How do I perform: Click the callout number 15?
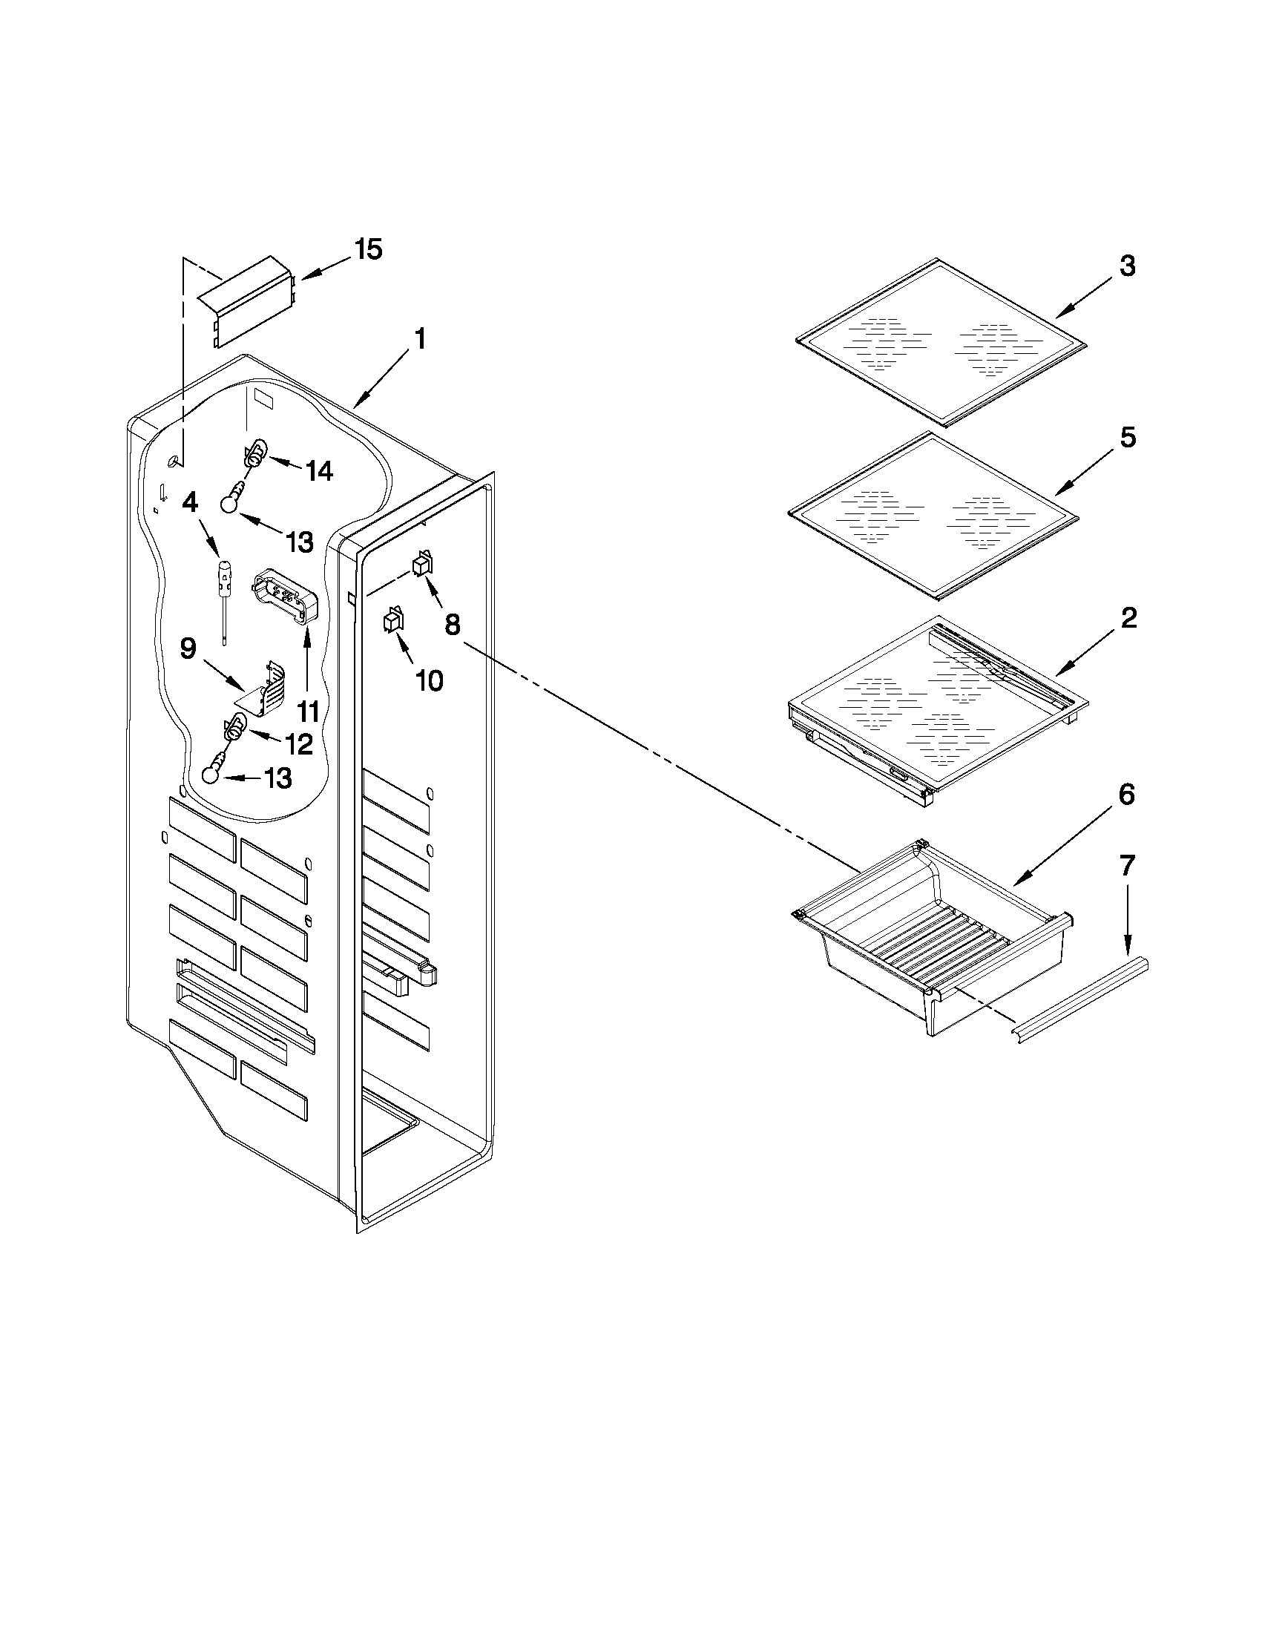click(x=368, y=250)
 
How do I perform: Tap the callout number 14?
click(x=318, y=471)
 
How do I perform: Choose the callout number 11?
click(x=307, y=711)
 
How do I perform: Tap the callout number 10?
click(x=429, y=680)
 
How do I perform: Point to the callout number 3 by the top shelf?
click(x=1127, y=266)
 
